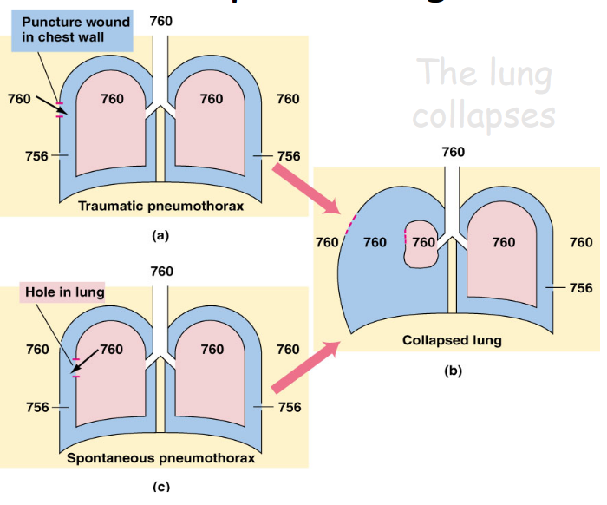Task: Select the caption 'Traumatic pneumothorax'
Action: (x=160, y=206)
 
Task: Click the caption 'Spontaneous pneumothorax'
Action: (x=161, y=458)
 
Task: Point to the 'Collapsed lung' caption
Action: (x=452, y=340)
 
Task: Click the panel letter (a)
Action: (x=159, y=234)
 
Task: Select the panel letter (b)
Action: (x=453, y=371)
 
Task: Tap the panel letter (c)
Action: (x=159, y=486)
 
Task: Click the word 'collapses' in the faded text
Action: (x=483, y=115)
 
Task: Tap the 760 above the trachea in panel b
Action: (x=453, y=152)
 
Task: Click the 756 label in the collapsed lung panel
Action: (x=581, y=287)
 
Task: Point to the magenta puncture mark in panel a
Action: (x=59, y=109)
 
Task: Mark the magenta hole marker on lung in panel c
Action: (x=75, y=367)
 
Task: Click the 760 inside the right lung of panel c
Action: (x=212, y=350)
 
